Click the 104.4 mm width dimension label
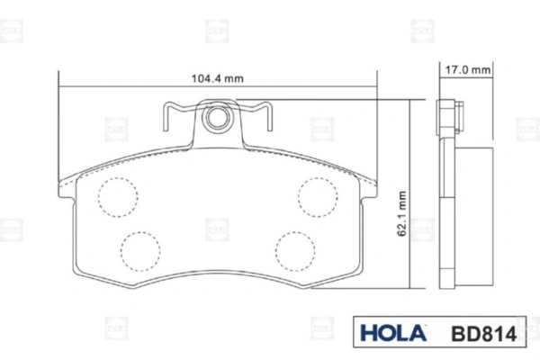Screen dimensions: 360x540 pos(218,78)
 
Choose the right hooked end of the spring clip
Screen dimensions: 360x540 pos(264,114)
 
